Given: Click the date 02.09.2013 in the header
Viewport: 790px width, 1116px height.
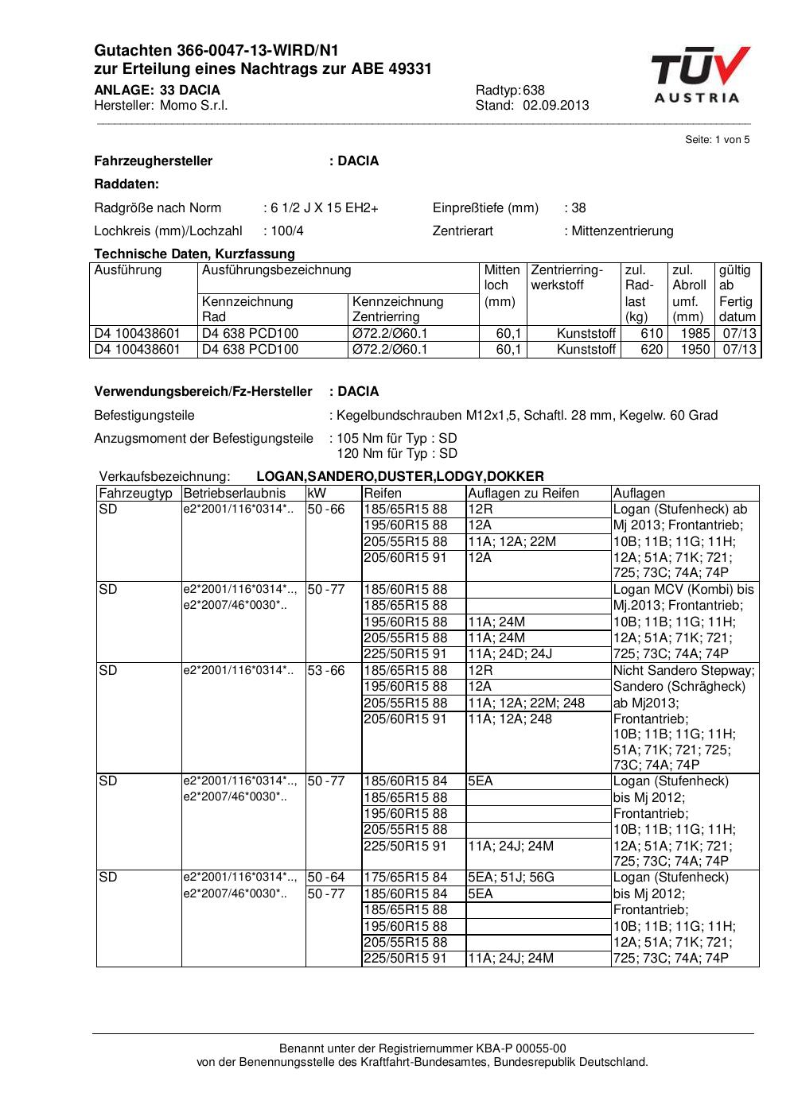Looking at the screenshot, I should tap(555, 106).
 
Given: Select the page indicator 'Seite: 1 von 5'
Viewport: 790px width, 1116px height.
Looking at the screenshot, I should tap(717, 140).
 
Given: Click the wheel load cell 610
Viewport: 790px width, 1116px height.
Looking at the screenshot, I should tap(652, 334).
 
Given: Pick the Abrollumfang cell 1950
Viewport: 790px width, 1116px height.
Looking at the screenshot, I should tap(695, 350).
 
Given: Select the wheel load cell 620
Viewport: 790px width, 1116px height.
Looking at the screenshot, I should tap(652, 350).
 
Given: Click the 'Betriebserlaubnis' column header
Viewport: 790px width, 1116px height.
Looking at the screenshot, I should tap(234, 494).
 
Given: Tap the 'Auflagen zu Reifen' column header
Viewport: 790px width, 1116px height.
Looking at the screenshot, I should tap(523, 494).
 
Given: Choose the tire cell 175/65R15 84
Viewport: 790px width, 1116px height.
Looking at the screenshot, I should tap(405, 878).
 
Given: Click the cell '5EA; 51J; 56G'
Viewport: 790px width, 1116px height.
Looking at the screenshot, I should tap(511, 878).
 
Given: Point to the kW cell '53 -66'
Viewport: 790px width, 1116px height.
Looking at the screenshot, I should tap(326, 671).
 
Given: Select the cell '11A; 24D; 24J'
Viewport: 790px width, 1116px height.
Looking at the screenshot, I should tap(510, 654).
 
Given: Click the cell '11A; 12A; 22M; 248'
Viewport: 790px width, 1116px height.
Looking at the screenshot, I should tap(526, 703).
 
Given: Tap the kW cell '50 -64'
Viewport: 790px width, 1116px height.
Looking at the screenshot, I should tap(326, 878).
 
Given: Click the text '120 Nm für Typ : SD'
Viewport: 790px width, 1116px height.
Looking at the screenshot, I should tap(397, 454).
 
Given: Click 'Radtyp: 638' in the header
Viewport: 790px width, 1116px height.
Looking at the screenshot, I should tap(510, 91).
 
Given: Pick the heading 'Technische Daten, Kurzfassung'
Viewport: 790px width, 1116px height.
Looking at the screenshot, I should tap(194, 254).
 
